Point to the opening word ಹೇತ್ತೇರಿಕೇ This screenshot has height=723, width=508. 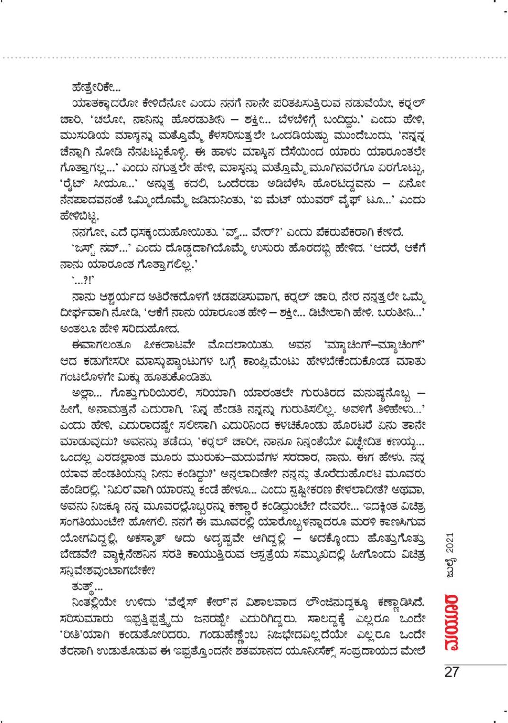pyautogui.click(x=88, y=89)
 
